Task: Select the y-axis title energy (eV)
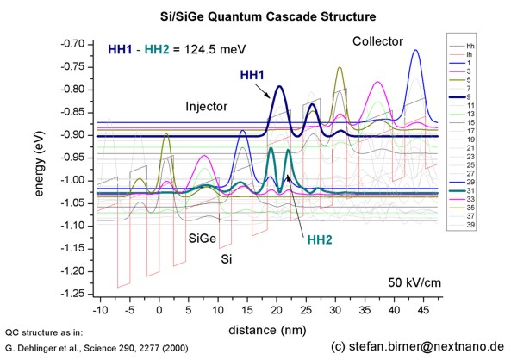[x=40, y=166]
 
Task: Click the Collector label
[x=377, y=42]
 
